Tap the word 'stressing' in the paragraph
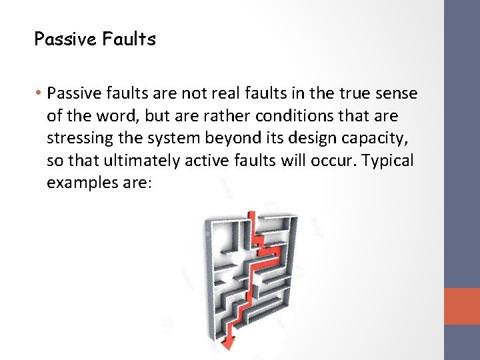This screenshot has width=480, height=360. (77, 139)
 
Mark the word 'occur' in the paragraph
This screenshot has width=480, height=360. (337, 161)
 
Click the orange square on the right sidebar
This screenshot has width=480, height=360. (463, 307)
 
